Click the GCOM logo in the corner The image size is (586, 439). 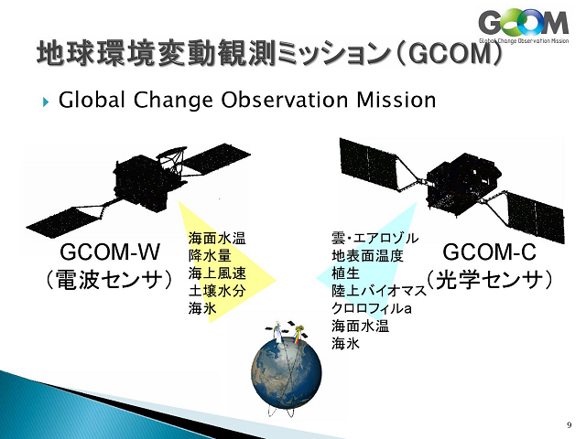524,27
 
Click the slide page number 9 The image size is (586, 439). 569,424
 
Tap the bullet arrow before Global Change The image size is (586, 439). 46,102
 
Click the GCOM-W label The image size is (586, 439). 110,252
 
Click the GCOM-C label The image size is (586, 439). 489,252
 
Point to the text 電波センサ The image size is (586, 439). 110,280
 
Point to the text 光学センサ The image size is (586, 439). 490,280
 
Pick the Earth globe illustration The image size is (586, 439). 287,372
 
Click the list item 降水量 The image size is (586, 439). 210,256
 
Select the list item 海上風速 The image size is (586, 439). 217,273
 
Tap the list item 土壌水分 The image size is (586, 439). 217,291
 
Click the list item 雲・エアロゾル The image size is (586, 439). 375,238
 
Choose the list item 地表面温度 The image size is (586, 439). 368,256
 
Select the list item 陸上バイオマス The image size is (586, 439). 379,291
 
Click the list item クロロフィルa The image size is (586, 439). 372,308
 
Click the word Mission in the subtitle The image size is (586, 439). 396,100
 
